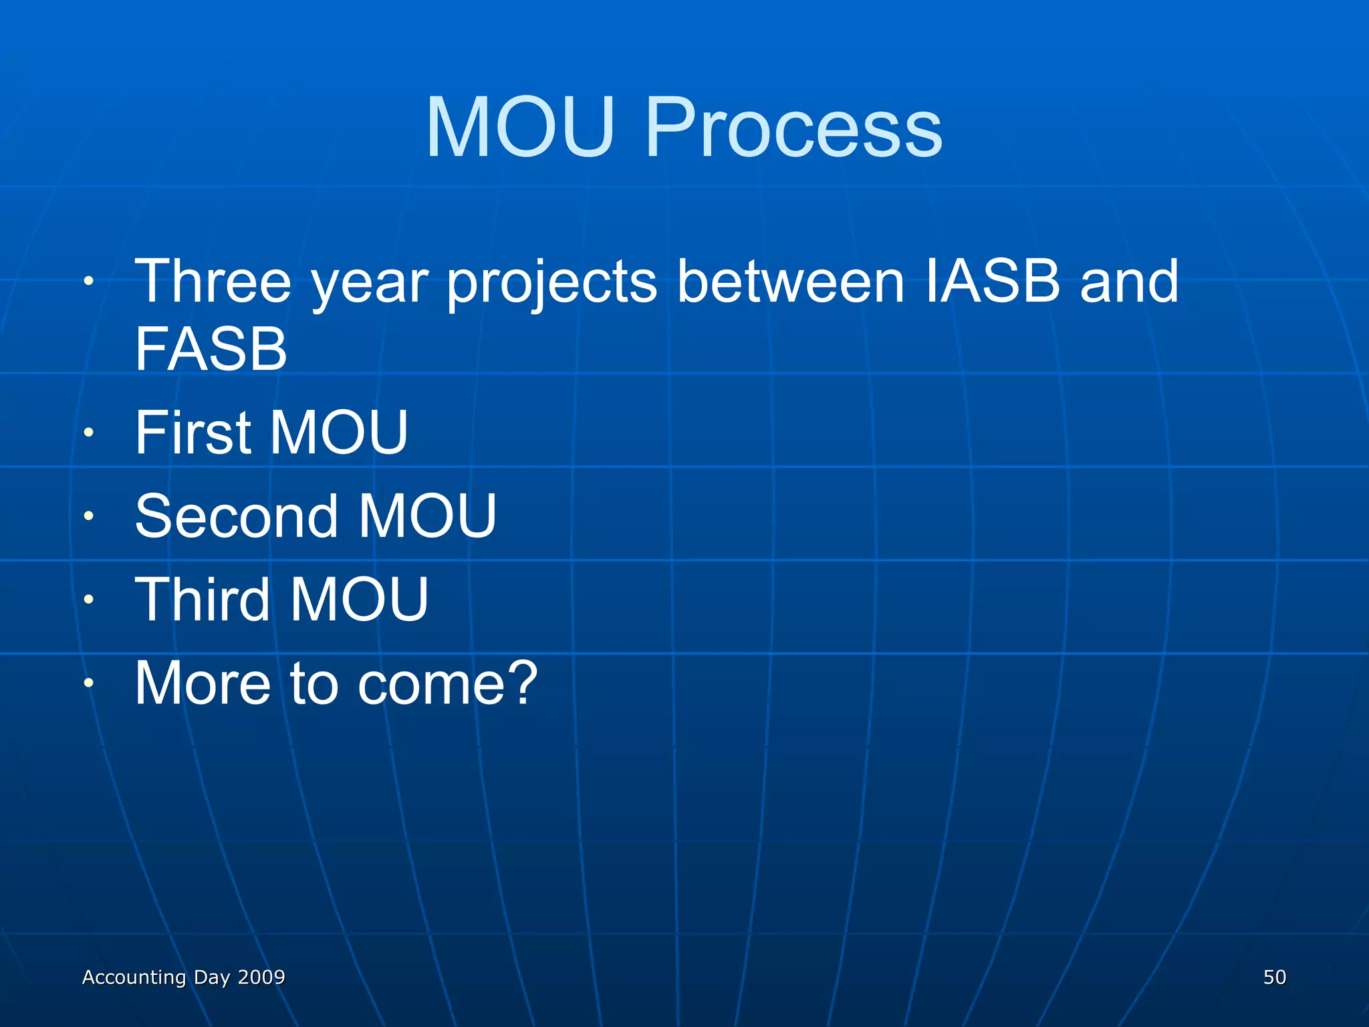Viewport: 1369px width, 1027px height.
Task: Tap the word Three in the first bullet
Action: pos(213,281)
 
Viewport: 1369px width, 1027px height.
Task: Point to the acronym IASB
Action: pos(993,281)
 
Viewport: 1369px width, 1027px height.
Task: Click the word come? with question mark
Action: pos(447,683)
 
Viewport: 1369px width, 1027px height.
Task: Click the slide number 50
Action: pos(1274,977)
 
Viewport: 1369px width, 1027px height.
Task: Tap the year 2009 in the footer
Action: pos(261,977)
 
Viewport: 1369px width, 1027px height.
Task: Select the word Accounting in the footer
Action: pos(134,977)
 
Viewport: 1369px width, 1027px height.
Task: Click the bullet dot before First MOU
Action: pos(88,433)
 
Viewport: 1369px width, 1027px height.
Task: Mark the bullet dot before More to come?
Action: pos(88,683)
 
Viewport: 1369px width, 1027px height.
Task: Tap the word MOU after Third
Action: pos(359,600)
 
